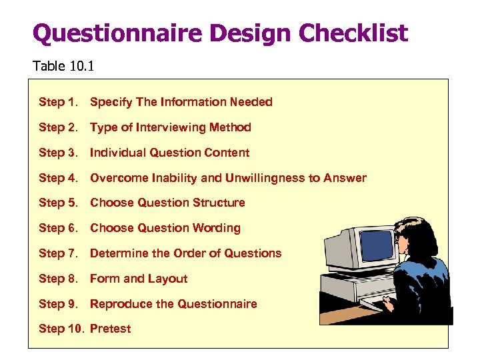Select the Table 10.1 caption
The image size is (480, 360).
coord(57,66)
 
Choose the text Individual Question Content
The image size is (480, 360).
coord(169,153)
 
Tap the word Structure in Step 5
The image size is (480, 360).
coord(219,203)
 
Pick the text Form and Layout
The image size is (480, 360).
coord(139,279)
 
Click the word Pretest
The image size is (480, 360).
coord(111,329)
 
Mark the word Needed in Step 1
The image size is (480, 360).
coord(251,102)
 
